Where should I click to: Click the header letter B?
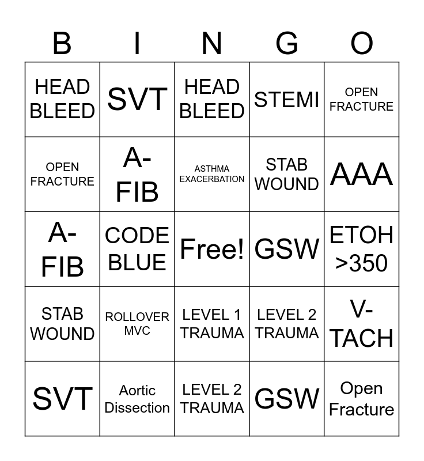coord(62,43)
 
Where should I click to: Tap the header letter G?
coord(287,43)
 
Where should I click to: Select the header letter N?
coord(212,43)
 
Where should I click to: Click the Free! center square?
coord(212,249)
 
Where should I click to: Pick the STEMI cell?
coord(287,100)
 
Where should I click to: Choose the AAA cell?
coord(362,174)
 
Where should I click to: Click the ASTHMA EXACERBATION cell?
coord(212,174)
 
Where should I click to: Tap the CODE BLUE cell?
coord(137,249)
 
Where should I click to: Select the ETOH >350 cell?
coord(362,249)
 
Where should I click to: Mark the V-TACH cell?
coord(362,324)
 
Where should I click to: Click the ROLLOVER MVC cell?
coord(137,324)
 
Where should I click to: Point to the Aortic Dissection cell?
coord(137,399)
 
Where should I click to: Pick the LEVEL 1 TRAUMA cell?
coord(212,324)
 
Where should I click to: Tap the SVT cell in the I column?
coord(137,100)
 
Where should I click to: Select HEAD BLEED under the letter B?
coord(62,100)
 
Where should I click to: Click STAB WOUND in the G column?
coord(287,174)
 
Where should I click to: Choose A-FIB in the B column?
coord(62,249)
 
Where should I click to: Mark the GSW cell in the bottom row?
coord(287,399)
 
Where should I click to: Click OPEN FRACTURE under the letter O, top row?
coord(362,100)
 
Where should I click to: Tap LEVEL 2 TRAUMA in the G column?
coord(287,324)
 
